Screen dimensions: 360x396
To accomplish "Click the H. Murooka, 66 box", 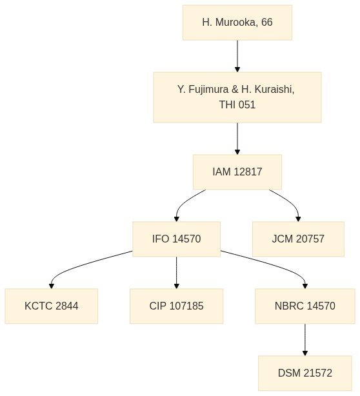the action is tap(237, 23).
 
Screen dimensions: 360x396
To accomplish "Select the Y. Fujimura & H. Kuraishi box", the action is tap(237, 97).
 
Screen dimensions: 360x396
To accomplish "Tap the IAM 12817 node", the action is tap(237, 172).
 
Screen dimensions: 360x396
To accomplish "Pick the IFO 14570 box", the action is tap(176, 239).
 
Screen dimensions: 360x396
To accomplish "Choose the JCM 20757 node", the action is tap(298, 239).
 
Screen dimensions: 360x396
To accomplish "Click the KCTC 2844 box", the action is tap(51, 306).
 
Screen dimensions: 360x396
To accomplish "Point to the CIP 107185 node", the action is tap(176, 306).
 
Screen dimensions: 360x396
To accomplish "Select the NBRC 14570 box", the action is tap(305, 306).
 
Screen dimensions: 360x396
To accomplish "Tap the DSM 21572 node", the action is tap(305, 373).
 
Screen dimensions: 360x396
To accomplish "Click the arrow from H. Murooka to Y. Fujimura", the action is tap(237, 56).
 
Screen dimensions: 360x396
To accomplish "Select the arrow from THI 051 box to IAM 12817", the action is tap(237, 139).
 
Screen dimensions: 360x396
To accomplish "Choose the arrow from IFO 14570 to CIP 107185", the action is tap(176, 273).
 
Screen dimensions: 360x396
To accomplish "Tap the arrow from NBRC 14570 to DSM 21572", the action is tap(305, 340).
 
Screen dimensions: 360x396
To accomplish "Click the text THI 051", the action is tap(237, 105).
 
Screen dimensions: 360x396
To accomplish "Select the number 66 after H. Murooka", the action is tap(267, 23).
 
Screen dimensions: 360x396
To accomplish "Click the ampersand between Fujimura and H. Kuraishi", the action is tap(235, 90).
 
